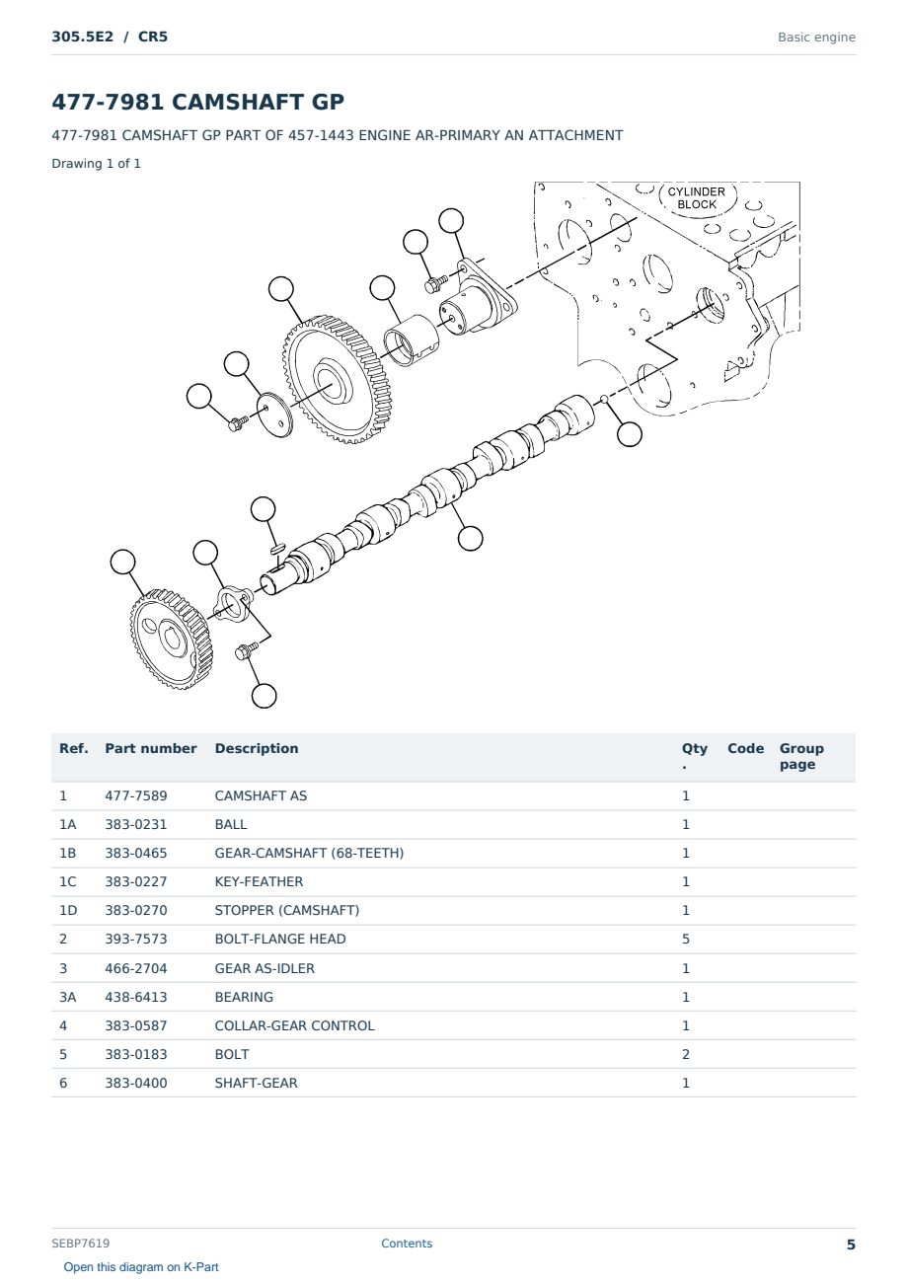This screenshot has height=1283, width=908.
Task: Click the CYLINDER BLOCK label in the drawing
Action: [x=696, y=198]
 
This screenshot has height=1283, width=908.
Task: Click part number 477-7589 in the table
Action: [x=136, y=795]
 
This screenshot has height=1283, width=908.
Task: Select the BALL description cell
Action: [x=231, y=824]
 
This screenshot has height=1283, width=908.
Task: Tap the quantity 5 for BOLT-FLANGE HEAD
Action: [x=686, y=939]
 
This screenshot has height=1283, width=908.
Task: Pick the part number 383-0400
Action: [x=136, y=1083]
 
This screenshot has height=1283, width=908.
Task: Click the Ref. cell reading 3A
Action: [x=67, y=997]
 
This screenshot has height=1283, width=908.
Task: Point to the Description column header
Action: [x=257, y=748]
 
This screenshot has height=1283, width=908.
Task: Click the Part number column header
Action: [x=151, y=748]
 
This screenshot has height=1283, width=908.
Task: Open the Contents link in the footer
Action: [x=407, y=1243]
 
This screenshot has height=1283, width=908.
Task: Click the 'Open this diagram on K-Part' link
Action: [x=141, y=1267]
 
